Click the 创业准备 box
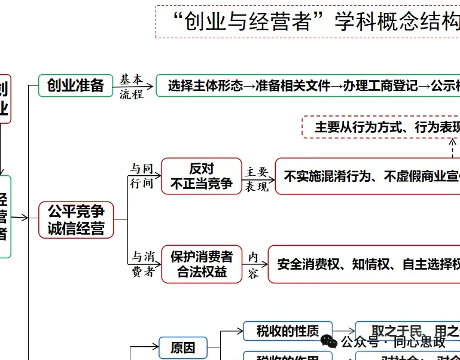click(75, 86)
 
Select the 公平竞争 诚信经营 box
click(76, 219)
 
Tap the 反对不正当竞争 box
click(202, 176)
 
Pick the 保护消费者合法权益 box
click(202, 264)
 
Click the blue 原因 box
click(182, 348)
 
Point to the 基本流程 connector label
click(131, 86)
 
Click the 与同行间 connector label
click(142, 176)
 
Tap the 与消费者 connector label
click(142, 264)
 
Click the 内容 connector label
click(253, 265)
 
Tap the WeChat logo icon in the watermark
click(328, 341)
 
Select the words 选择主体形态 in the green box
click(205, 86)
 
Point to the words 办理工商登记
click(381, 86)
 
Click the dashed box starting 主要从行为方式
click(383, 127)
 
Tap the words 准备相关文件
click(293, 86)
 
